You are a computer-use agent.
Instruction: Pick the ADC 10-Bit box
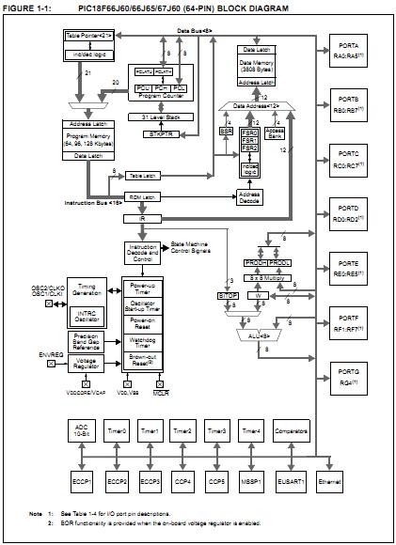(x=82, y=432)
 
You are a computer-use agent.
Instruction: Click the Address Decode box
(x=249, y=198)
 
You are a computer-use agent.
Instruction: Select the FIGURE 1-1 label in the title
(x=24, y=7)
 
